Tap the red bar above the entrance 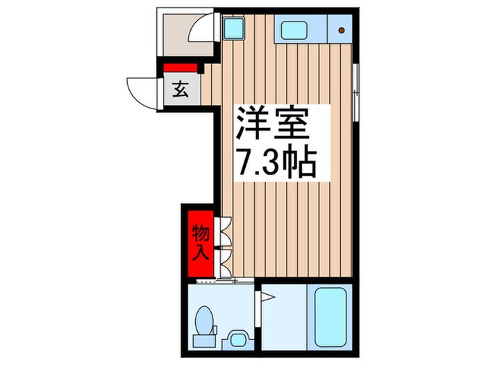click(181, 67)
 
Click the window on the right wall click(355, 88)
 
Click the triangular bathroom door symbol click(267, 299)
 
